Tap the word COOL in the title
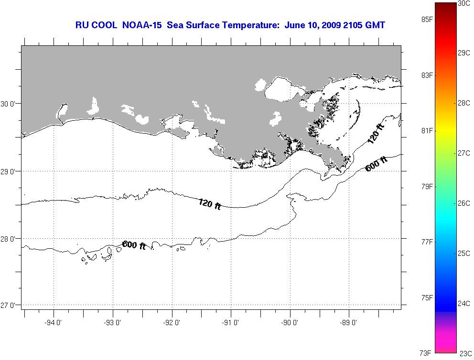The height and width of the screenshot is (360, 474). click(103, 25)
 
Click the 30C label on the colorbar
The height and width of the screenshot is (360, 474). click(463, 3)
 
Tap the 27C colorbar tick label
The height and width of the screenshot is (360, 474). click(463, 153)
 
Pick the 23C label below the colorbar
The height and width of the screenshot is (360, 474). click(465, 354)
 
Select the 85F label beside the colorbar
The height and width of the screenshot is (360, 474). click(427, 20)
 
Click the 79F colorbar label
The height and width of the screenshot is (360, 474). click(427, 186)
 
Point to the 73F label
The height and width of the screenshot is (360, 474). click(426, 353)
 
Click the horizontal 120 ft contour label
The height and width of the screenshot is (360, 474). click(209, 204)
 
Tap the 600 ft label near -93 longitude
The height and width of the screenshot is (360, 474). click(134, 245)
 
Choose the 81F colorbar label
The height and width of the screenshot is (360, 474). click(427, 131)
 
